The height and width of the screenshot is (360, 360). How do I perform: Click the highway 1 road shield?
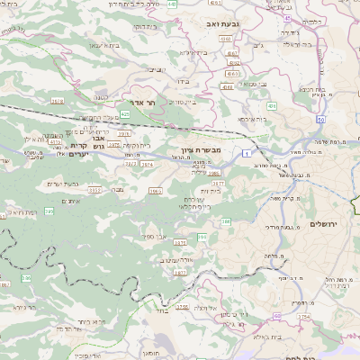[247, 154]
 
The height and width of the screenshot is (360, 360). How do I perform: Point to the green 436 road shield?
[271, 107]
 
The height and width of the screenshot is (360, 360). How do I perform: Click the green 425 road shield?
[126, 115]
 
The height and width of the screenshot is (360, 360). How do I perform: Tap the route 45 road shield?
[287, 17]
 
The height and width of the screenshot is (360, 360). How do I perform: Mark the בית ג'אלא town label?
[269, 337]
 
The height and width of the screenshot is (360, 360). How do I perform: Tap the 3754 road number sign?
[304, 318]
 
